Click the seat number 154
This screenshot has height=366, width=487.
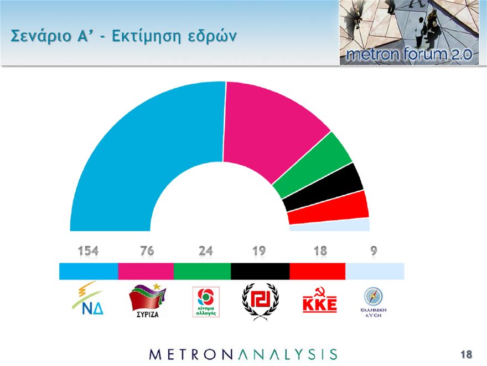(88, 251)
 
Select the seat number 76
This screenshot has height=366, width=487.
(147, 251)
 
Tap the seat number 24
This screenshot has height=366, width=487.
(205, 251)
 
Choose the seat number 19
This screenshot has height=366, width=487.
(258, 251)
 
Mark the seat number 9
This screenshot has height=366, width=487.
(374, 251)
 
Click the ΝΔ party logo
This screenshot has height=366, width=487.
(89, 299)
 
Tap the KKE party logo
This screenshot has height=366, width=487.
(319, 302)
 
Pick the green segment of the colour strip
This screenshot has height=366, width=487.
(202, 271)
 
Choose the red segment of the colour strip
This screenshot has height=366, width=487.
(317, 271)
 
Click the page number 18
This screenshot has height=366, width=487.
(465, 354)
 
